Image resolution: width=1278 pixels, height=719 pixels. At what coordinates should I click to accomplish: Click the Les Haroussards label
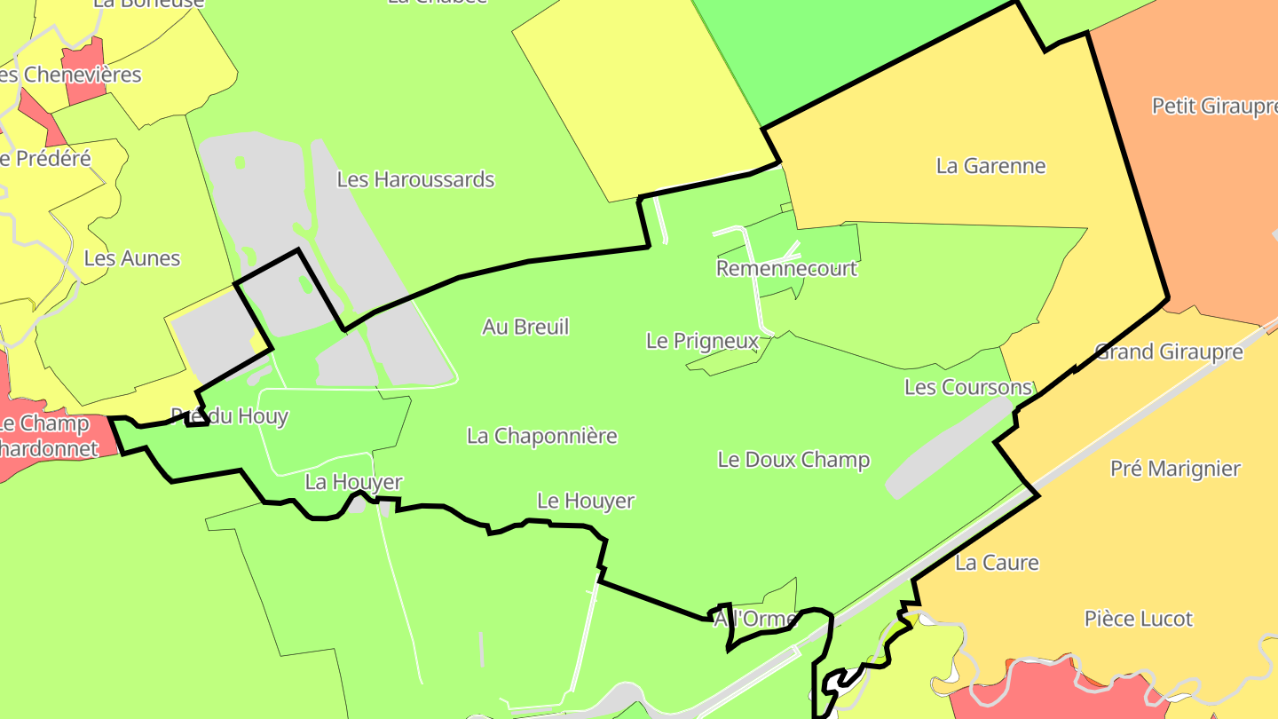point(415,179)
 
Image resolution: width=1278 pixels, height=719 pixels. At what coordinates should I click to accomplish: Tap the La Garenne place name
point(990,166)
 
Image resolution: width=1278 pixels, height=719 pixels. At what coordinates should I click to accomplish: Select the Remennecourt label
point(786,268)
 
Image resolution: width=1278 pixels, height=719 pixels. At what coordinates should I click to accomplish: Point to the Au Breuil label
point(525,327)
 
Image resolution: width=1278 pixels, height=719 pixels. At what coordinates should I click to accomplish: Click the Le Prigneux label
point(702,341)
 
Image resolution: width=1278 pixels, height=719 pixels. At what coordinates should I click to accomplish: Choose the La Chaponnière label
point(541,436)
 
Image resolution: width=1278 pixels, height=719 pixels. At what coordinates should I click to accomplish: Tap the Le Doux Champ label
point(793,460)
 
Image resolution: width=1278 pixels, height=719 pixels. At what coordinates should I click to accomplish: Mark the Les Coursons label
point(968,387)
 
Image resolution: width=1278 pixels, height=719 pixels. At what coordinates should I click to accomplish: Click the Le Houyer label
point(586,501)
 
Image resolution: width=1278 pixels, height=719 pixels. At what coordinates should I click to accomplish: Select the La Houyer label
point(353,482)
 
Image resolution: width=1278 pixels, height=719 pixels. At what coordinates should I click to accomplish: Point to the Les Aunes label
point(132,258)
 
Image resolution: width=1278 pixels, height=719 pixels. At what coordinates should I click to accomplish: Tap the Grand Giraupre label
point(1169,352)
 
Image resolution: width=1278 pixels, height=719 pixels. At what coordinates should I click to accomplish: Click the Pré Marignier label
point(1175,469)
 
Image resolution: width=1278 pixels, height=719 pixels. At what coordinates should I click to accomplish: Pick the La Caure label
point(997,563)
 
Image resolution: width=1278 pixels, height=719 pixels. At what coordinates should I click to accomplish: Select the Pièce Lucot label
point(1139,619)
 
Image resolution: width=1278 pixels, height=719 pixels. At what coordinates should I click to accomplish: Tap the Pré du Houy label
point(229,416)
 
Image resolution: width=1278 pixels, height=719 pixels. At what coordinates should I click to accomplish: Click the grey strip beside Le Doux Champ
point(944,448)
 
